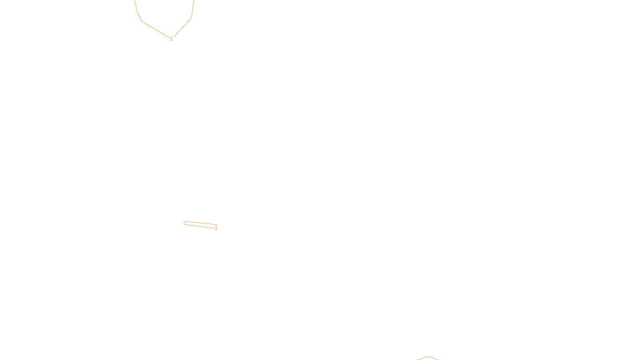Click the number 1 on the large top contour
171,39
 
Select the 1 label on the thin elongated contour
216,228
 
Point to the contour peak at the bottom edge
428,357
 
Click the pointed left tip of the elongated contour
184,223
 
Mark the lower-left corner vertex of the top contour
142,21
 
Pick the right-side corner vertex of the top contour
191,18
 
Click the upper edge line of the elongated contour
200,223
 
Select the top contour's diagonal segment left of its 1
156,30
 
